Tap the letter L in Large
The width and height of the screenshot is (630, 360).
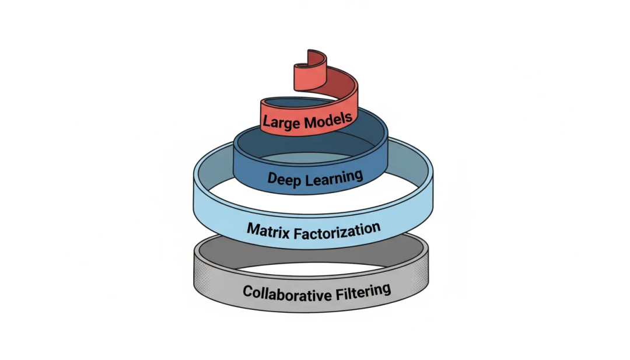coord(266,123)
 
